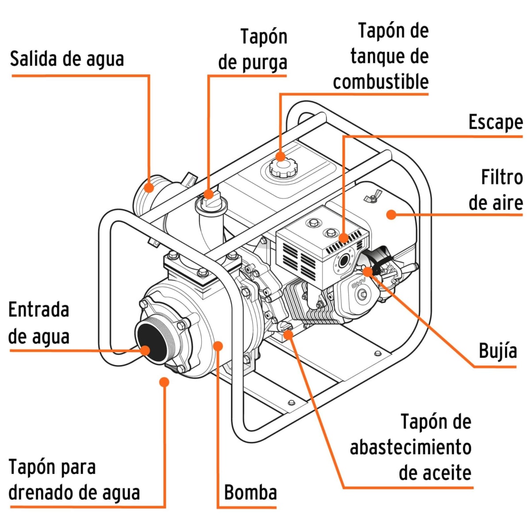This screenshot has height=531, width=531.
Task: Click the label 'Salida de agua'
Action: coord(67,59)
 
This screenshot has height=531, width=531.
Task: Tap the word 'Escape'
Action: coord(495,122)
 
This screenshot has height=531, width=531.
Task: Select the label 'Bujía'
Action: coord(498,351)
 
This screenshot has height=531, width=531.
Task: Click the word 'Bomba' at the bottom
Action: coord(250,492)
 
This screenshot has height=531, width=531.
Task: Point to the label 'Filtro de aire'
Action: coord(495,190)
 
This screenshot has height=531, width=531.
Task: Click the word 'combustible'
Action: coord(381,82)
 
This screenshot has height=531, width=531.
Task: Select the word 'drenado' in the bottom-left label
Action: coord(42,493)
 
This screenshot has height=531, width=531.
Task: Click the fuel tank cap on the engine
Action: coord(282,167)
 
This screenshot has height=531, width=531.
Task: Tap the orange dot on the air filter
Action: coord(391,215)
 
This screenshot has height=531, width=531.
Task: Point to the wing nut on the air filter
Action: coord(372,196)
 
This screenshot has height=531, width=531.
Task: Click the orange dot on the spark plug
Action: coord(367,271)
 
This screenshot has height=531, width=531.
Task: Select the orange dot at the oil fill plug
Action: coord(288,334)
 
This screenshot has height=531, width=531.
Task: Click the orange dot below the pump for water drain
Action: coord(164,381)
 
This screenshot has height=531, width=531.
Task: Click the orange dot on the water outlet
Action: coord(149,188)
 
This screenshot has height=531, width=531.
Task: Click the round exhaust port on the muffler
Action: coord(343,261)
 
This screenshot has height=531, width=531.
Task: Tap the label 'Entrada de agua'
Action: coord(39,323)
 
